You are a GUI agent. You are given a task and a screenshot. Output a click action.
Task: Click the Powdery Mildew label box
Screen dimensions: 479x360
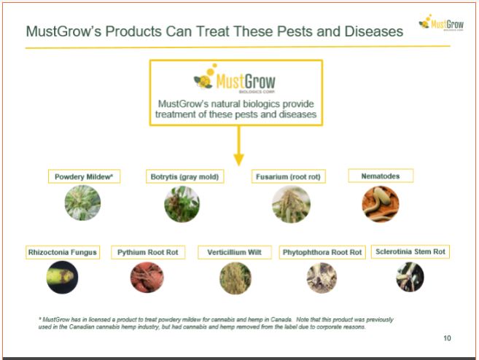click(x=84, y=176)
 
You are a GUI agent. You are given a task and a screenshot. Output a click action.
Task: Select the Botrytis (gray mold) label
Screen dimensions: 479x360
click(x=184, y=176)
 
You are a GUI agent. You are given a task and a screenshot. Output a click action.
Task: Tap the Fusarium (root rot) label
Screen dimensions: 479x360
click(x=289, y=176)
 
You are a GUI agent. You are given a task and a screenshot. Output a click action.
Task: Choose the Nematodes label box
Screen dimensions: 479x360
click(x=381, y=176)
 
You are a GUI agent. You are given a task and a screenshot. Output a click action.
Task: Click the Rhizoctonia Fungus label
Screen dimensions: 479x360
click(x=63, y=252)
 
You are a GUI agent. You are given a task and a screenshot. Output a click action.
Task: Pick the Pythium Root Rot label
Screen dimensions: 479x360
click(x=148, y=252)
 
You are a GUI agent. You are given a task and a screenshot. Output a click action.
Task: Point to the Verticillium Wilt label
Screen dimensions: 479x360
click(x=234, y=252)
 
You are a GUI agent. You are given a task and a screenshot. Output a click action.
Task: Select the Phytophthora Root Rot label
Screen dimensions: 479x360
click(x=322, y=252)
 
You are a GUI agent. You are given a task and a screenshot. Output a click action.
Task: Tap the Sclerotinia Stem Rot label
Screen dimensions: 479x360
click(x=410, y=251)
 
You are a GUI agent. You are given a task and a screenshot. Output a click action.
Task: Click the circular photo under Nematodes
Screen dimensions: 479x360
click(x=381, y=204)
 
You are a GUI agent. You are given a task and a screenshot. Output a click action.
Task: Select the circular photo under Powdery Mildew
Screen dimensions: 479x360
click(x=82, y=203)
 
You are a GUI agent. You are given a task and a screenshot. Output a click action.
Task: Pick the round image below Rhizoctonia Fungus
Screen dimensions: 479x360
click(x=62, y=277)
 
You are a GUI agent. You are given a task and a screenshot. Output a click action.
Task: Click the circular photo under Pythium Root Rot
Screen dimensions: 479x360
click(x=147, y=277)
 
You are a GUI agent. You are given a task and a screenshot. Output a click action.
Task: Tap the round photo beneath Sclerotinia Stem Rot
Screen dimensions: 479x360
click(x=410, y=277)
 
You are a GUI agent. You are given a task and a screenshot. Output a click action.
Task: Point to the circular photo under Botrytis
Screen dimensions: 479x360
click(x=182, y=204)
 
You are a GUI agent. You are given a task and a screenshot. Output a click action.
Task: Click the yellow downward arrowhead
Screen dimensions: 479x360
click(x=238, y=160)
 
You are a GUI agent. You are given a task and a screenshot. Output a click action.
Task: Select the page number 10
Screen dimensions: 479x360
click(x=447, y=338)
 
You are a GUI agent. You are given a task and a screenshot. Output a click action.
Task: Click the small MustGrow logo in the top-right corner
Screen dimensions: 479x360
click(x=441, y=23)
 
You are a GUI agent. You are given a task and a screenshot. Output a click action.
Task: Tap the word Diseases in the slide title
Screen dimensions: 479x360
click(x=374, y=31)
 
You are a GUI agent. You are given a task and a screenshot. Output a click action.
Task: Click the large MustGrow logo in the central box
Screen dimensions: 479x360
click(x=235, y=79)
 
